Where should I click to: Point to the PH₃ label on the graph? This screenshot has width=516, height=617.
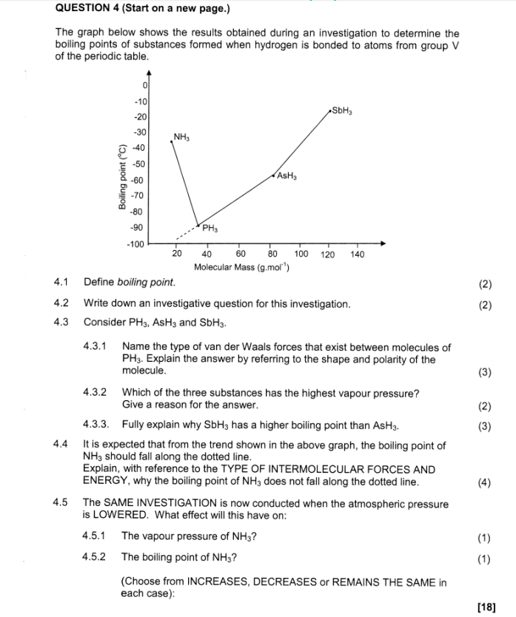(x=210, y=228)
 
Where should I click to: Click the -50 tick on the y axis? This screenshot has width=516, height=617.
(x=138, y=164)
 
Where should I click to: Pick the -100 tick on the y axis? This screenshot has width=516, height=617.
(x=135, y=243)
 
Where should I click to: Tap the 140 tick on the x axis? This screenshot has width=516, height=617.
(x=358, y=254)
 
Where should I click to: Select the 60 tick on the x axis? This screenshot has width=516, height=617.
(x=241, y=254)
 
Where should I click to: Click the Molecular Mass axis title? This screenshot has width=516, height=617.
(x=241, y=267)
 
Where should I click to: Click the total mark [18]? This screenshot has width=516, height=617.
(x=486, y=607)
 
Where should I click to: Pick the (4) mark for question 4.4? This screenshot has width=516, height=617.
(x=484, y=482)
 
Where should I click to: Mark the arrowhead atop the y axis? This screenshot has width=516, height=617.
(x=149, y=73)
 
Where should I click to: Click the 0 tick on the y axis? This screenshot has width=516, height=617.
(x=146, y=85)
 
